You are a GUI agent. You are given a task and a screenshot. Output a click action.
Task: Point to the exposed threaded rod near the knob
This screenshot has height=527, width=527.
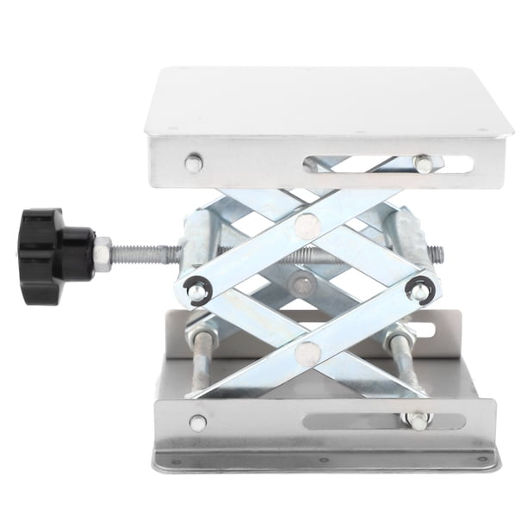142,254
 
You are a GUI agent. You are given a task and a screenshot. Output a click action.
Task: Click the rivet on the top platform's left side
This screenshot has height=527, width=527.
193,162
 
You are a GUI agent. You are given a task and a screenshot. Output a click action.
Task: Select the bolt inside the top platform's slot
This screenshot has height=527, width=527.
422,162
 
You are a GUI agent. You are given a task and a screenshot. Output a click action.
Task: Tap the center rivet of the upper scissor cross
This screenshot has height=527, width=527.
306,226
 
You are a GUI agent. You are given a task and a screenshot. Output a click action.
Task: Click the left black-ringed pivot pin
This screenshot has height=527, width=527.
195,291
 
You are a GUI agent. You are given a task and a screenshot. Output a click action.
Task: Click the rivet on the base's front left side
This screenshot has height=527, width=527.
197,423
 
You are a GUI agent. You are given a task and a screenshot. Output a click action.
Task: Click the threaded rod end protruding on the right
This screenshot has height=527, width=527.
437,254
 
